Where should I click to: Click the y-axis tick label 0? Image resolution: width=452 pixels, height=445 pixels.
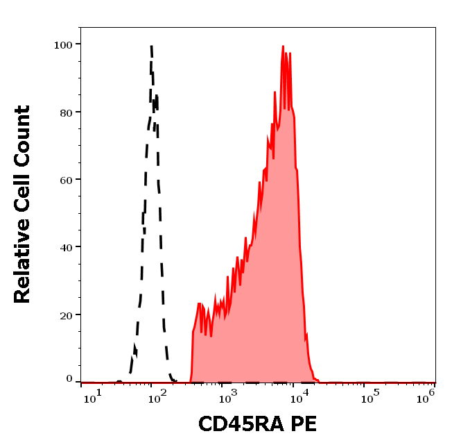point(69,379)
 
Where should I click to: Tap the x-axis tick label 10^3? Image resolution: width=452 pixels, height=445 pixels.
point(227,396)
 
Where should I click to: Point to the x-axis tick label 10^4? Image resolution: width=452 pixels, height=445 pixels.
point(298,396)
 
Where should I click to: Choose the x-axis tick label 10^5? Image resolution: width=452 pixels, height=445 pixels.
point(370,396)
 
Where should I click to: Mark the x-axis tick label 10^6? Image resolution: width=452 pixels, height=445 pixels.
point(426,396)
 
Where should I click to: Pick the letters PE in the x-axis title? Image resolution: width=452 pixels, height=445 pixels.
point(303,424)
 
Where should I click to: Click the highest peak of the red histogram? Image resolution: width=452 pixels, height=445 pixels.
point(283,47)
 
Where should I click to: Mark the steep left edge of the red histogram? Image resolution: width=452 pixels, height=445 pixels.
point(192,354)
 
